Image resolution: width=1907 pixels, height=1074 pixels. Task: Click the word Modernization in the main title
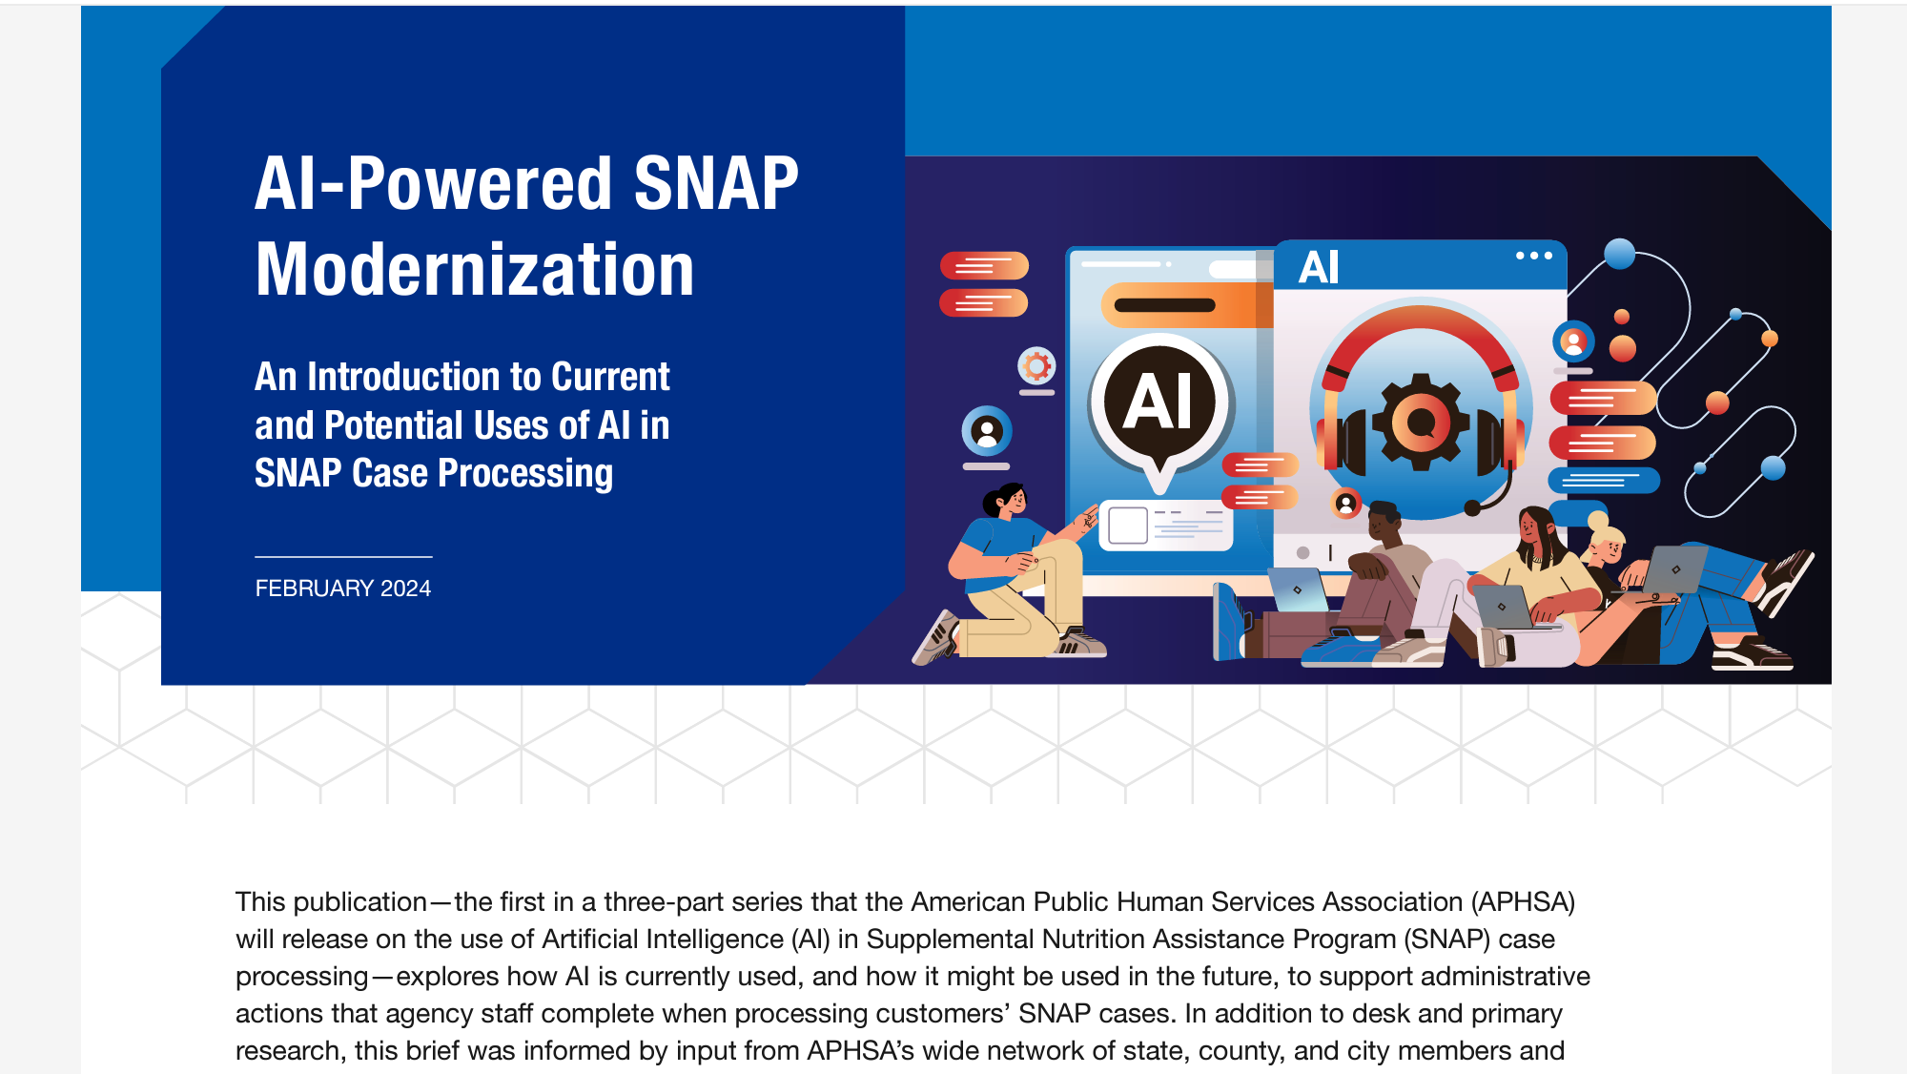tap(474, 270)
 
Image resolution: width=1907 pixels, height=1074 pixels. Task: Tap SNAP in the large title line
tap(715, 183)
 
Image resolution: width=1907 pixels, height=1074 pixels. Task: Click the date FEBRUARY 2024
tap(342, 589)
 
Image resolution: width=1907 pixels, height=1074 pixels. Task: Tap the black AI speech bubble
tap(1159, 401)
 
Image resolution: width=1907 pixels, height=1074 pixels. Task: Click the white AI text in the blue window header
tap(1319, 267)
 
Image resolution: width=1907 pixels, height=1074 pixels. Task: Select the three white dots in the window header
tap(1533, 256)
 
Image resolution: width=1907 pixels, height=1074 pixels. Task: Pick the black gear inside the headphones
tap(1421, 422)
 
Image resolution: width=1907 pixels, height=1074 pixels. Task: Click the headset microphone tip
tap(1472, 508)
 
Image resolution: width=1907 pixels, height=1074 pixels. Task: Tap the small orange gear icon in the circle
tap(1036, 365)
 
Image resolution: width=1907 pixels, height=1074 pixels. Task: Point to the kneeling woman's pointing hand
tap(1087, 520)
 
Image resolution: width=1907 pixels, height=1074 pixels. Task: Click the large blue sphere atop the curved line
tap(1619, 254)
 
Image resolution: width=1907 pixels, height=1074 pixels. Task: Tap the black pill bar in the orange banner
tap(1164, 305)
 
